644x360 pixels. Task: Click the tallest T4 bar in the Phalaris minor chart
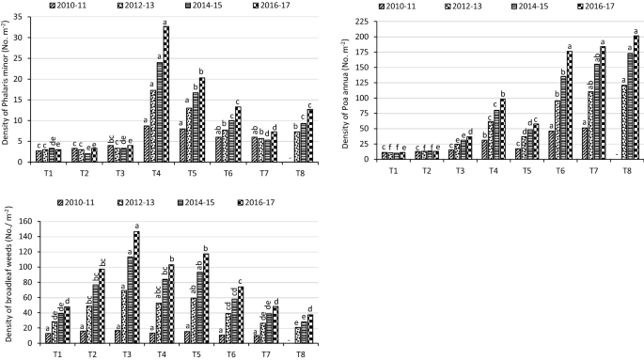click(166, 94)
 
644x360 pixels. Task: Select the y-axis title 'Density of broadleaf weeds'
click(7, 283)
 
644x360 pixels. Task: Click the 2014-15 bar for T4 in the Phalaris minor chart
click(160, 112)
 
